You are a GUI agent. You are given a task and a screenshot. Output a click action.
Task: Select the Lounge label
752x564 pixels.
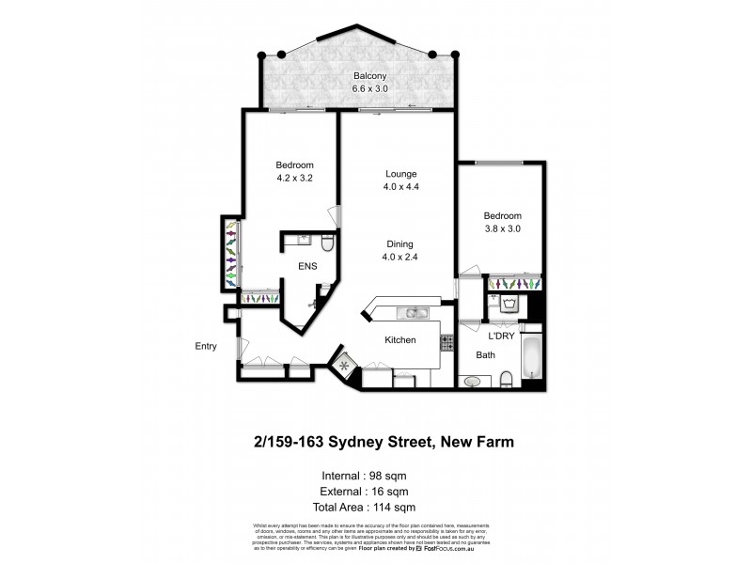(x=400, y=174)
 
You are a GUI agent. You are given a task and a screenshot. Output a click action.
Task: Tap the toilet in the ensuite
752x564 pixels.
(x=325, y=244)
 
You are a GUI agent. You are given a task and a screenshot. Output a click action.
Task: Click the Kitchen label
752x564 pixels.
(x=400, y=340)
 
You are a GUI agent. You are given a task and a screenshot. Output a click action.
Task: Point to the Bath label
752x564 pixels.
(x=485, y=355)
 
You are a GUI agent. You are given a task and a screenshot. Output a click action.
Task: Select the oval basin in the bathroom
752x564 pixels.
(x=472, y=382)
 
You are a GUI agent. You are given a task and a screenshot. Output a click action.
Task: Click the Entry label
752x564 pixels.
(x=206, y=346)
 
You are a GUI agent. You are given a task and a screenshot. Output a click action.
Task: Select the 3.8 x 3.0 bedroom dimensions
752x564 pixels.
(x=502, y=228)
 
